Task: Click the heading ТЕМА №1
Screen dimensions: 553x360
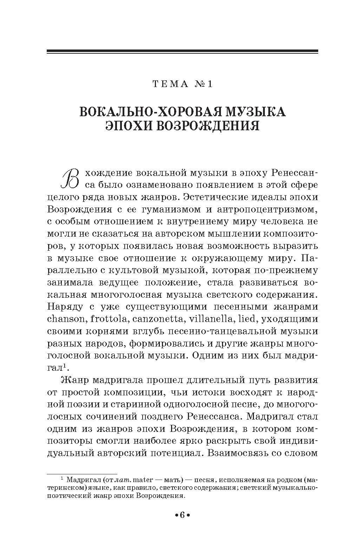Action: tap(182, 85)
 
